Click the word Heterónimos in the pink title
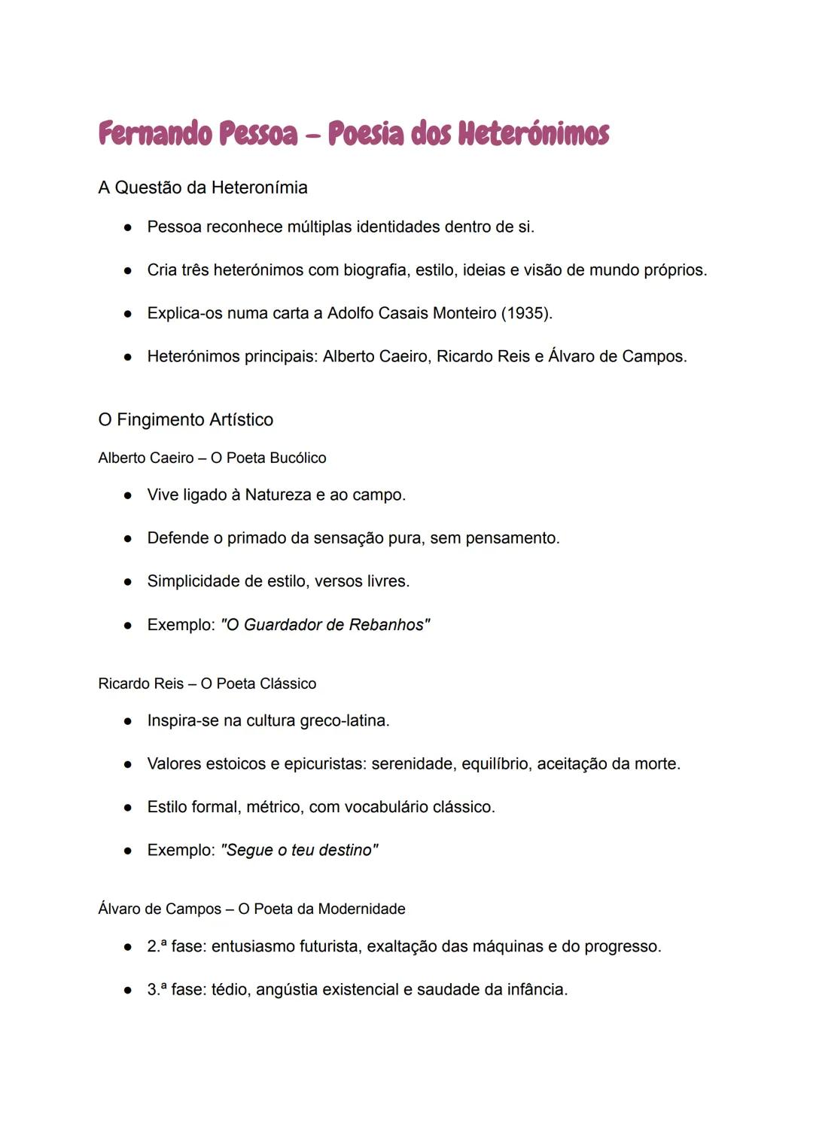pos(533,134)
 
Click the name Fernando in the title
pos(155,134)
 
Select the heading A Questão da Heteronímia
pos(202,187)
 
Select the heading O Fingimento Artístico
pos(185,419)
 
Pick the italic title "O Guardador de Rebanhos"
pos(325,625)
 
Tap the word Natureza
pos(278,495)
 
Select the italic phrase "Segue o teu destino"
pos(299,851)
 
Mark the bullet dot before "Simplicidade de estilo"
pos(128,582)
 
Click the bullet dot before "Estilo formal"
pos(128,808)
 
